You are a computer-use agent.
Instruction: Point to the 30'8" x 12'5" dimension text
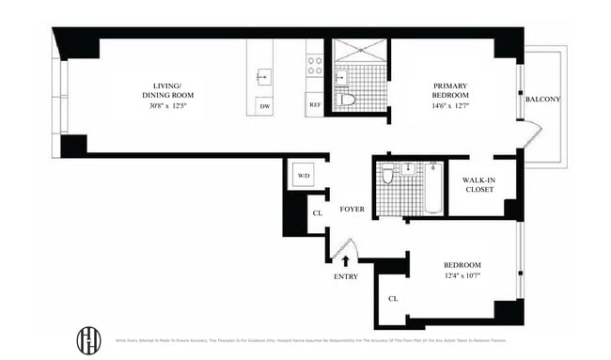(x=166, y=106)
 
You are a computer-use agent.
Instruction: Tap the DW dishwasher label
(x=266, y=106)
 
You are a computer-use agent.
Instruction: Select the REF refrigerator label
(x=315, y=105)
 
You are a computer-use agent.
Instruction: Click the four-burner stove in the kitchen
(x=315, y=65)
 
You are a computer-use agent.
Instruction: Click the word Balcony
(x=543, y=98)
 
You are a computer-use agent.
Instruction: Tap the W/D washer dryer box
(x=304, y=176)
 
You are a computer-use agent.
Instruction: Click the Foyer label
(x=352, y=211)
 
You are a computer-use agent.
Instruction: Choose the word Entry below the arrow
(x=346, y=276)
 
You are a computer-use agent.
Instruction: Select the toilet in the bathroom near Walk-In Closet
(x=387, y=176)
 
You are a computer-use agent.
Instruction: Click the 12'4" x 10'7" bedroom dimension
(x=462, y=275)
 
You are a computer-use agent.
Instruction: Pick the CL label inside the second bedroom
(x=392, y=300)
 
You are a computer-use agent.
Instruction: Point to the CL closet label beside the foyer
(x=319, y=213)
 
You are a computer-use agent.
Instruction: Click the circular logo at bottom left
(x=88, y=340)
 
